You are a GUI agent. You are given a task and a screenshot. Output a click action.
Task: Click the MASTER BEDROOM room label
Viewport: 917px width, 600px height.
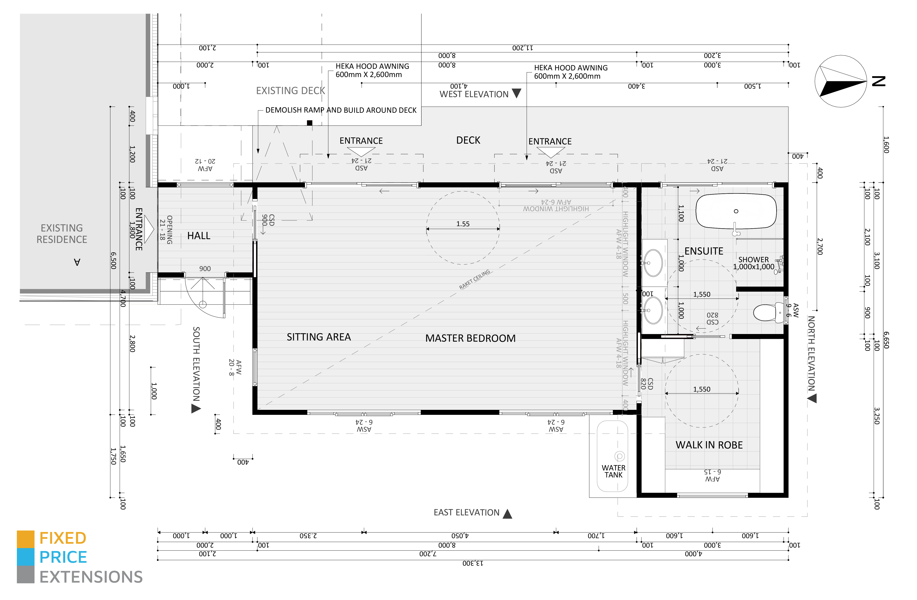pos(470,338)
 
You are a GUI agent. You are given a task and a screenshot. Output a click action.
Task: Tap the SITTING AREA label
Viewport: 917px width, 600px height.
pos(319,337)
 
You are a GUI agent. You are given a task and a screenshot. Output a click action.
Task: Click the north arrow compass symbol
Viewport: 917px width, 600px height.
pos(841,81)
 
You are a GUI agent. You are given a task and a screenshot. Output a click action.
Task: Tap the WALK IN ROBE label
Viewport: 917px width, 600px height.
pos(709,445)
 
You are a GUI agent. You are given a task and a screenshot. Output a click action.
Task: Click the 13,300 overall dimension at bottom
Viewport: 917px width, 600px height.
pos(473,563)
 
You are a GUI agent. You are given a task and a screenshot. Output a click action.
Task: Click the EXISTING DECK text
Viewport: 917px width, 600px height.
pos(290,90)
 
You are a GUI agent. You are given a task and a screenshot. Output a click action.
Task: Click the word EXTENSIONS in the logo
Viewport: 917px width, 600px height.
pos(91,577)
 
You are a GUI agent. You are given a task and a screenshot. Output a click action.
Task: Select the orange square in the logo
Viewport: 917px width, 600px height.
pos(25,539)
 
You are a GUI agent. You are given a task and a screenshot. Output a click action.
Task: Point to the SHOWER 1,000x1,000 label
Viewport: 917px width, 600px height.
pos(753,263)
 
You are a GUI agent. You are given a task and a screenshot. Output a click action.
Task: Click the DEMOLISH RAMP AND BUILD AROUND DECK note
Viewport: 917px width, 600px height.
pos(341,110)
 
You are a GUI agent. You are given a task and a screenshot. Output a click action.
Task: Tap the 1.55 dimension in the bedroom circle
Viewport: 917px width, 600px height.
pos(463,224)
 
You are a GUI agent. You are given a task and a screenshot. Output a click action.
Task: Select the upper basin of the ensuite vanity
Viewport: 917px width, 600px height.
pos(653,263)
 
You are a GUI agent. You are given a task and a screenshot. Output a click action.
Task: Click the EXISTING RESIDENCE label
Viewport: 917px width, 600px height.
pos(62,234)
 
